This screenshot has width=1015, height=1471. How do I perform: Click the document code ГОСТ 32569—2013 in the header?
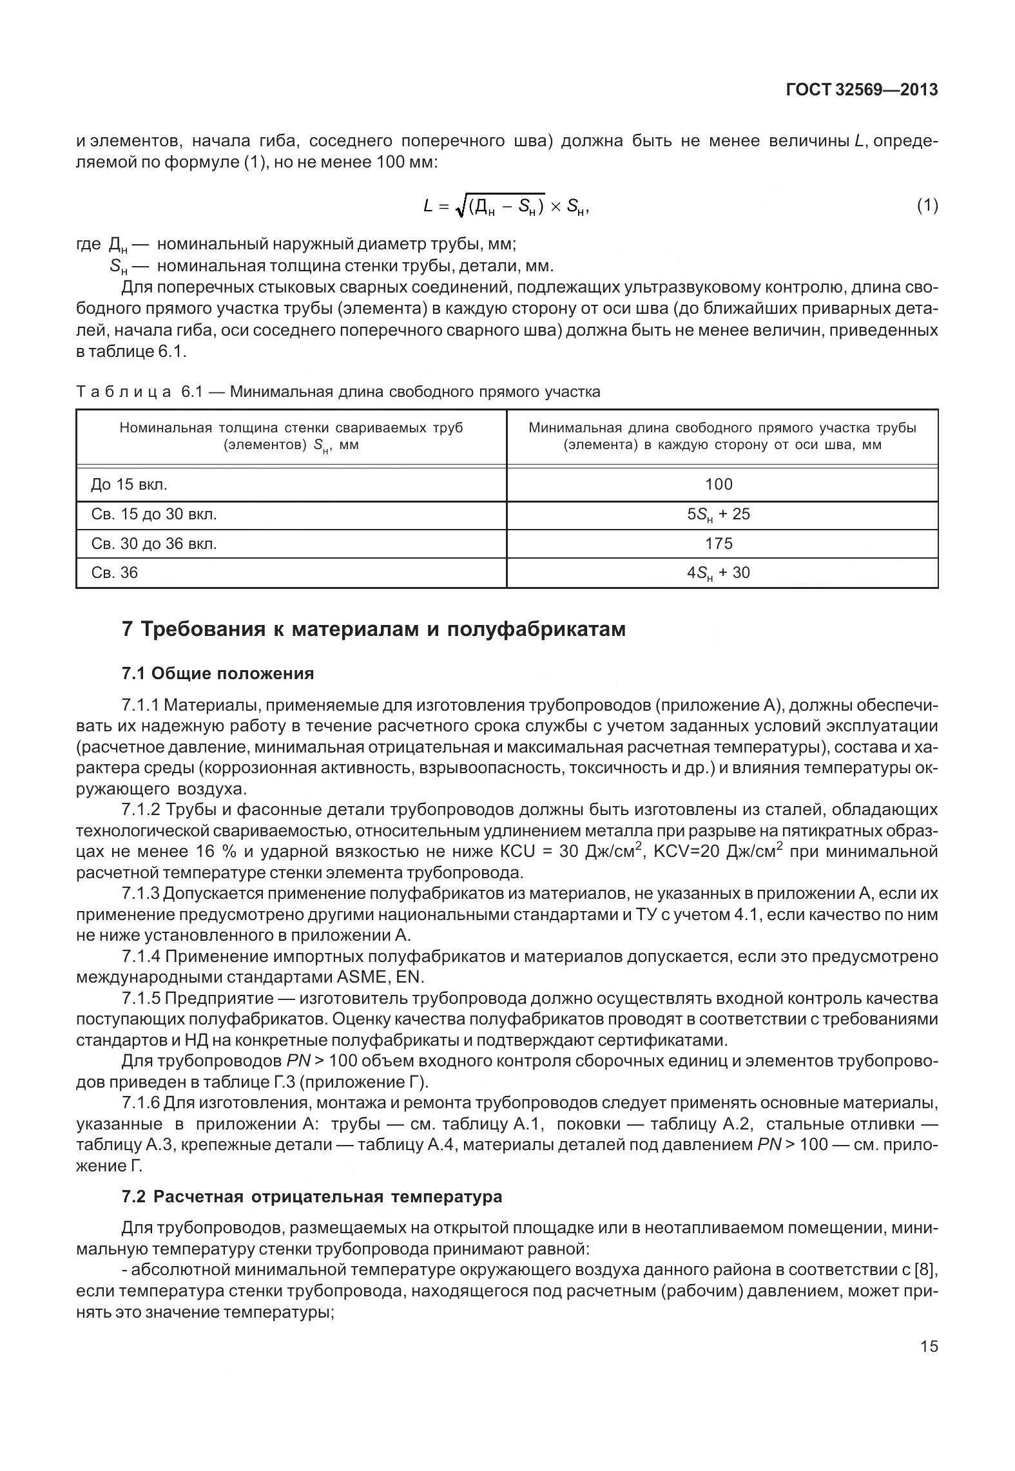tap(861, 90)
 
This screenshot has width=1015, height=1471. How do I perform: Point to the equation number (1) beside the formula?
tap(927, 206)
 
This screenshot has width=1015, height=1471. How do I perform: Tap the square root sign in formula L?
tap(459, 206)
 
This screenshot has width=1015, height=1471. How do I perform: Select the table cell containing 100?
tap(719, 485)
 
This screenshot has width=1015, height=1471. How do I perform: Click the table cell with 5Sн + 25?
tap(719, 514)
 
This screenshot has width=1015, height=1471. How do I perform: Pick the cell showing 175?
tap(719, 543)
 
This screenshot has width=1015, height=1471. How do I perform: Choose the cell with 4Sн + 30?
tap(719, 573)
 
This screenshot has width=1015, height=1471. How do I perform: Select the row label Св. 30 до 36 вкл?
tap(154, 543)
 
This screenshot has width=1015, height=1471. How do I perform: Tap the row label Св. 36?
tap(114, 573)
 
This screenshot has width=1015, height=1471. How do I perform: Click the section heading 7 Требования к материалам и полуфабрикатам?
tap(374, 628)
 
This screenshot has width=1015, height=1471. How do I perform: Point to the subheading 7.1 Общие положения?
tap(218, 673)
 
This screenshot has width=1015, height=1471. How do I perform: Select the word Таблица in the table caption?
tap(124, 392)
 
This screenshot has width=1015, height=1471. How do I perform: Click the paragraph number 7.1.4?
tap(140, 957)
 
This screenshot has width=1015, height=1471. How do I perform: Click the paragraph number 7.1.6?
tap(140, 1103)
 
